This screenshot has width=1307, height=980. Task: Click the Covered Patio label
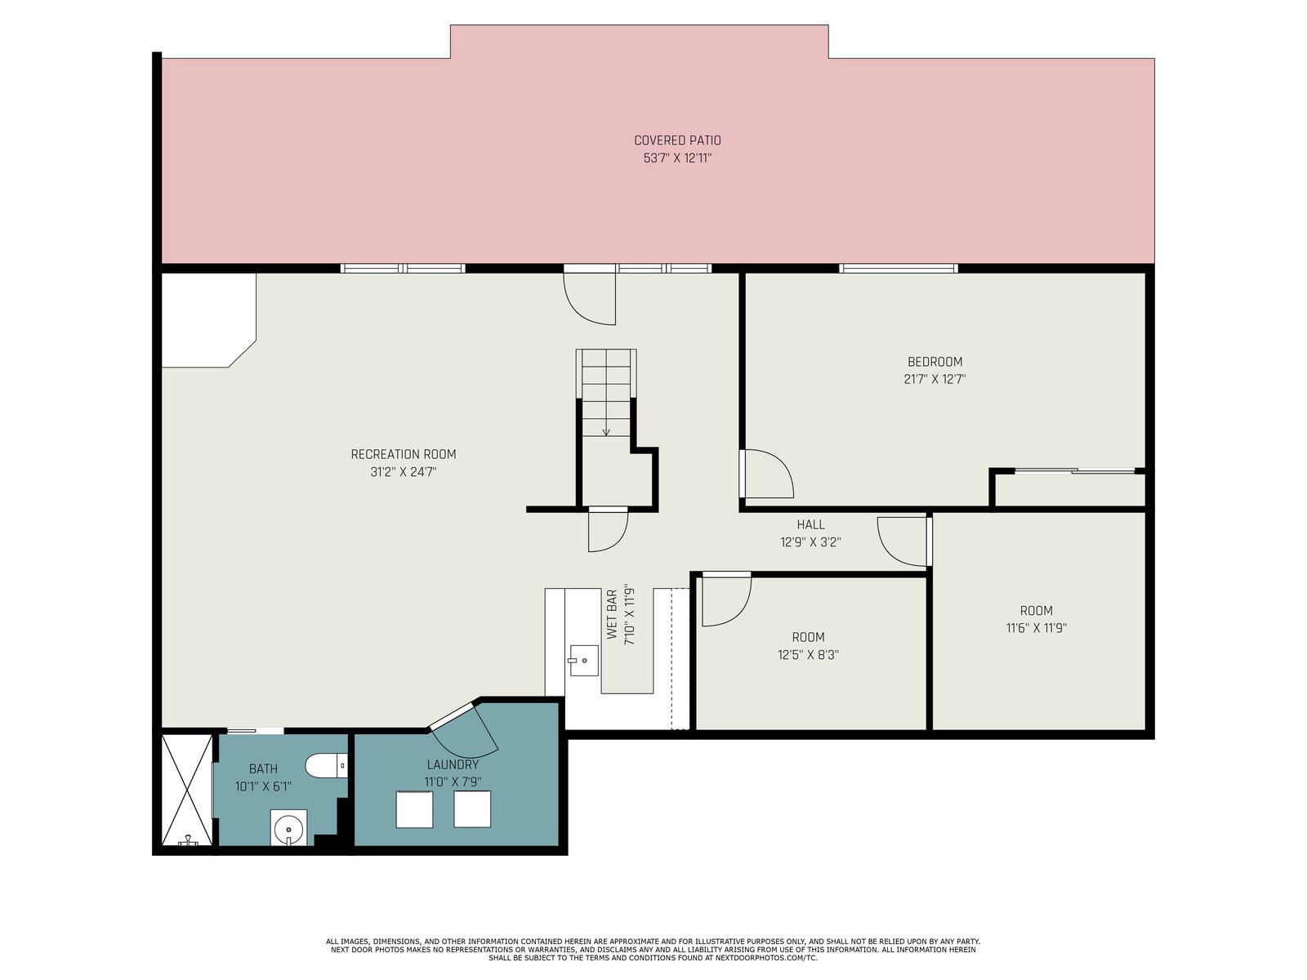[677, 140]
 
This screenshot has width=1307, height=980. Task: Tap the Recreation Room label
[403, 455]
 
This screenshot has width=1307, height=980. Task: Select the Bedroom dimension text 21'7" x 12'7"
[935, 379]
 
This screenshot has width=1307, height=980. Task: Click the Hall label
[810, 524]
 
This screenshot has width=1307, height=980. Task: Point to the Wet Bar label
[612, 614]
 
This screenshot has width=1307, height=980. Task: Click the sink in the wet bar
[583, 661]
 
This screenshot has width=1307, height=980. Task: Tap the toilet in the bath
[326, 765]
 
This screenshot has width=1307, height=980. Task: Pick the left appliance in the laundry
[414, 809]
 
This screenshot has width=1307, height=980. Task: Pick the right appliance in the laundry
[472, 809]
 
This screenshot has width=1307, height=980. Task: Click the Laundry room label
[453, 764]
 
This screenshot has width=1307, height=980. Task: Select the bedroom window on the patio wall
[899, 269]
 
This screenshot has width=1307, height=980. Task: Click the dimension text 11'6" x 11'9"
[1036, 628]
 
